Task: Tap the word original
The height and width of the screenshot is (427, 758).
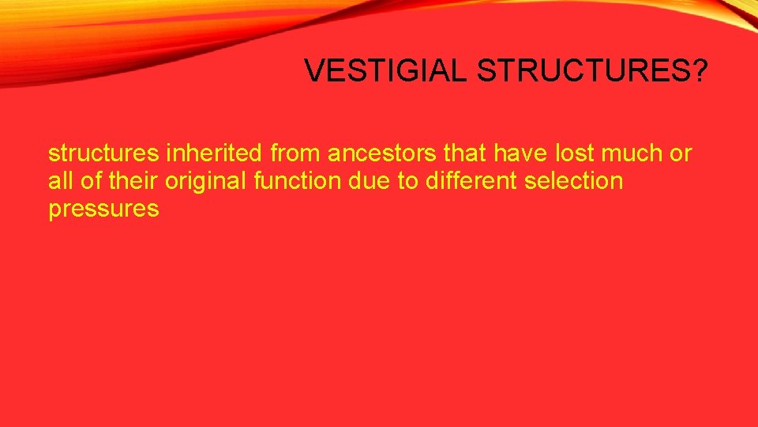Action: point(206,181)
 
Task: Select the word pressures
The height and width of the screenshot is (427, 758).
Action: point(103,210)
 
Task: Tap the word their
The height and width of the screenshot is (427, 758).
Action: point(133,181)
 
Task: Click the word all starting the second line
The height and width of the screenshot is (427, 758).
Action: point(59,181)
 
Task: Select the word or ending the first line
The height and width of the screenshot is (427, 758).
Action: point(681,153)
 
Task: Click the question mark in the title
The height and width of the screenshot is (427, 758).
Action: point(700,71)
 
